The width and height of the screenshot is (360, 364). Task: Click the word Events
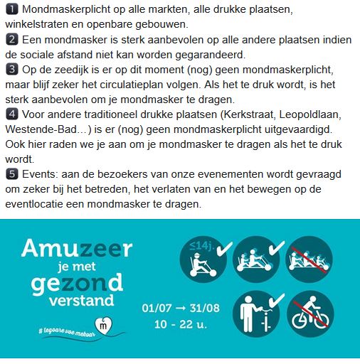[x=37, y=173]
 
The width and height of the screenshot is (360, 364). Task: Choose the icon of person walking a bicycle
[x=255, y=314]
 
